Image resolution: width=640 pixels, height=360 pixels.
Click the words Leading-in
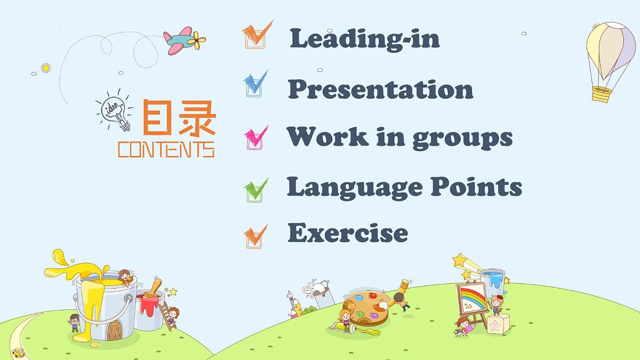pos(365,38)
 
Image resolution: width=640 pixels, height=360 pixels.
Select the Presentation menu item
pos(380,89)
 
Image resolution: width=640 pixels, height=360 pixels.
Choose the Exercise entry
pos(348,233)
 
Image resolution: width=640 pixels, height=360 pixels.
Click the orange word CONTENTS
pos(166,149)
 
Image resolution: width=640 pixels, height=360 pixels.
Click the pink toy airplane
pos(183,41)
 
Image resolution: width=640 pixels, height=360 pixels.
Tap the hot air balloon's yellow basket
pos(601,94)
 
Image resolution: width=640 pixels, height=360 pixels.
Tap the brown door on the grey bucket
pos(114,331)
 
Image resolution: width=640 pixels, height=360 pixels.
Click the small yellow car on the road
pos(18,353)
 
